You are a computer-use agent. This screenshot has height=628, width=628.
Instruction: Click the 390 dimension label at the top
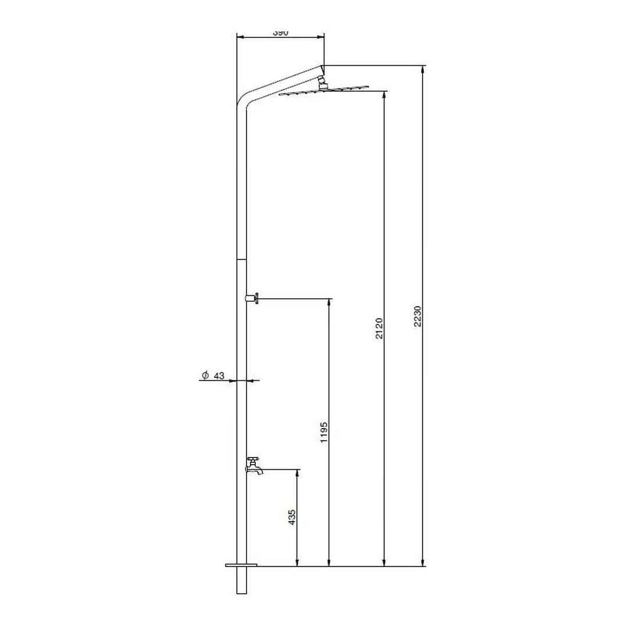click(280, 33)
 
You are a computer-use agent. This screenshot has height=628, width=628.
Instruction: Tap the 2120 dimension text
click(379, 329)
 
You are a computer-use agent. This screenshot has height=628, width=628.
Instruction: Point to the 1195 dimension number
click(324, 433)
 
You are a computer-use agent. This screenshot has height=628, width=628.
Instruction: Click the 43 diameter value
click(219, 376)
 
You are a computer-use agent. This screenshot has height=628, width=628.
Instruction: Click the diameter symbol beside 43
click(205, 376)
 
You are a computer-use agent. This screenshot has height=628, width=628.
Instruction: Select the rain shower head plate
click(323, 91)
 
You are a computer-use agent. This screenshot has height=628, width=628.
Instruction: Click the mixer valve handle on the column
click(254, 299)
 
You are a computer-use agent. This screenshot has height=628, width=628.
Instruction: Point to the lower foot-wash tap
click(255, 466)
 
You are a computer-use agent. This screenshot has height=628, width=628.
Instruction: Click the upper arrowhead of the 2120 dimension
click(384, 94)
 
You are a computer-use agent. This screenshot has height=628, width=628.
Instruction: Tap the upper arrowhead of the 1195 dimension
click(329, 302)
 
